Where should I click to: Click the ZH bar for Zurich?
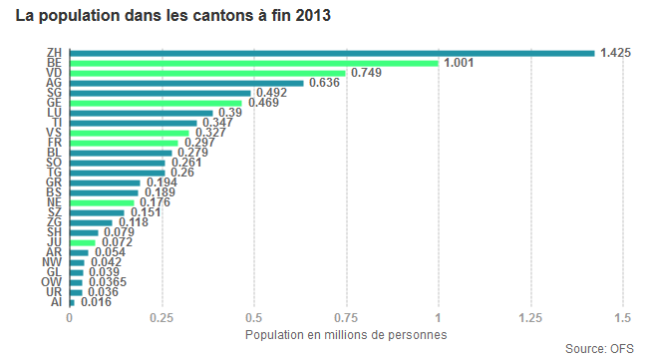[x=332, y=53]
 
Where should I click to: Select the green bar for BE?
[x=254, y=63]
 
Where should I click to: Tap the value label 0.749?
[x=366, y=73]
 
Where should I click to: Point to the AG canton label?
[x=54, y=83]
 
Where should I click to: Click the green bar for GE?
[x=156, y=103]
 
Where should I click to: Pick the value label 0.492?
[x=271, y=93]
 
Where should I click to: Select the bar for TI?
[x=134, y=124]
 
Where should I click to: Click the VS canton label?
[x=54, y=133]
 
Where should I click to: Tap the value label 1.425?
[x=615, y=53]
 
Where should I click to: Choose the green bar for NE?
[x=102, y=203]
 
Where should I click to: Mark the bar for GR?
[x=105, y=183]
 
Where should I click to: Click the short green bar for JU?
[x=83, y=242]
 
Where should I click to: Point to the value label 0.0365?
[x=108, y=282]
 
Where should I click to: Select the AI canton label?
[x=56, y=302]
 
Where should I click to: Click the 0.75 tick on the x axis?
[x=346, y=318]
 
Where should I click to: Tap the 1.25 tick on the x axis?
[x=530, y=318]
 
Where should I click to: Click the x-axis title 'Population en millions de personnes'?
[x=346, y=335]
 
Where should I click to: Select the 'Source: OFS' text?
[x=599, y=349]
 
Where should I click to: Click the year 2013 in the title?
[x=313, y=16]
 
